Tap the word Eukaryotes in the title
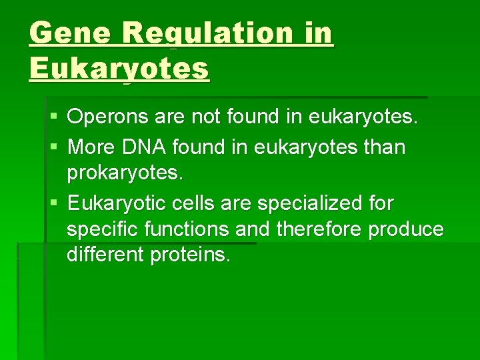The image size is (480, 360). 119,68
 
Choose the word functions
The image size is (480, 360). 181,230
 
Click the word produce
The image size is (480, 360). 407,230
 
